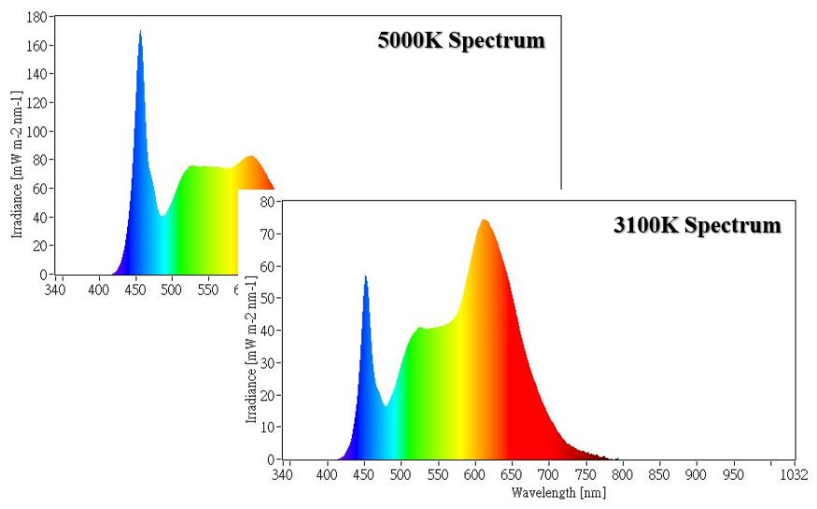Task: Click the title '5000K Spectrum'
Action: [460, 42]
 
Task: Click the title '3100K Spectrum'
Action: [697, 225]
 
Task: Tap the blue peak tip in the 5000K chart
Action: [140, 32]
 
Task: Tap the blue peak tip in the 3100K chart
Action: [365, 276]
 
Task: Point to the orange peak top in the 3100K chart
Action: [484, 220]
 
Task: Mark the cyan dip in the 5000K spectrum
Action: [162, 216]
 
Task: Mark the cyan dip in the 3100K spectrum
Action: [385, 405]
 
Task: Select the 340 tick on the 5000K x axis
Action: [56, 290]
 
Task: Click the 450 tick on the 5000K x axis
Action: [135, 290]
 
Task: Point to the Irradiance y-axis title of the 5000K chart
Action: [17, 164]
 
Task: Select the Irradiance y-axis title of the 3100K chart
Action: [250, 347]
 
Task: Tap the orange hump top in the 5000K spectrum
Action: [250, 157]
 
